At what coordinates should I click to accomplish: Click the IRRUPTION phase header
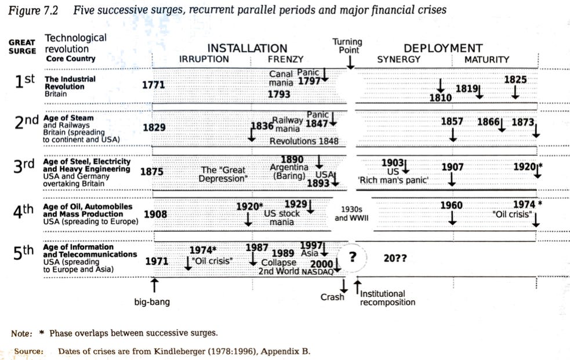click(x=204, y=59)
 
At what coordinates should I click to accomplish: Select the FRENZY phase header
click(x=285, y=59)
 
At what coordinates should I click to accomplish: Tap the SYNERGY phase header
click(x=398, y=59)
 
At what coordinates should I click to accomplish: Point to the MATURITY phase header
click(x=487, y=59)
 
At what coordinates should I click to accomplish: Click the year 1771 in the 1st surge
click(x=154, y=85)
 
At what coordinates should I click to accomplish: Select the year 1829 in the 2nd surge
click(x=154, y=128)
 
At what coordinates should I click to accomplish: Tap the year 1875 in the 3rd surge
click(x=152, y=171)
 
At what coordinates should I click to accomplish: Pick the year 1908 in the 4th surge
click(x=155, y=214)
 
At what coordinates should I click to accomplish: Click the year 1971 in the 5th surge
click(x=157, y=261)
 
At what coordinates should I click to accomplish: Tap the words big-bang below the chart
click(x=152, y=301)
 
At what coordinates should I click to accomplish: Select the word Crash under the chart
click(x=332, y=297)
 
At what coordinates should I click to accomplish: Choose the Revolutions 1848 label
click(x=303, y=141)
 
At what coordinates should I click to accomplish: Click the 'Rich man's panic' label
click(x=393, y=180)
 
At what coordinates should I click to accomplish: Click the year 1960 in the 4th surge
click(x=452, y=205)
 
